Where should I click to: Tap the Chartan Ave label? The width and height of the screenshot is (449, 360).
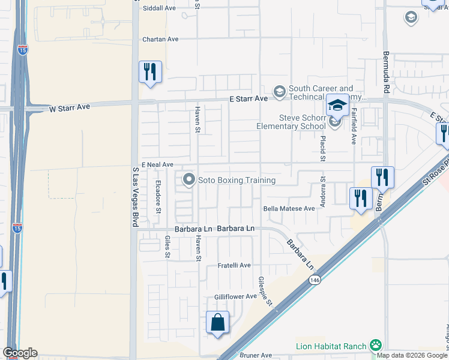click(160, 40)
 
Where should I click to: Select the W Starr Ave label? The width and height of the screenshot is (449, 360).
click(69, 107)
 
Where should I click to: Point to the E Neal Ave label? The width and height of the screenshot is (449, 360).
click(157, 164)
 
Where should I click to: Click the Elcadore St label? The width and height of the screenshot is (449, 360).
click(158, 197)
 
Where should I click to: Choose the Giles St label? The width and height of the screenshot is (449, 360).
click(167, 247)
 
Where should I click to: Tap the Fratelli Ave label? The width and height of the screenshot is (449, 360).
click(234, 265)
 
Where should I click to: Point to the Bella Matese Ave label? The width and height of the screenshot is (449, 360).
click(289, 209)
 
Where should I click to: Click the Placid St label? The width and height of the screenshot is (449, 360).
click(322, 148)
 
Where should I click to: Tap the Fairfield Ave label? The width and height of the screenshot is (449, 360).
click(354, 126)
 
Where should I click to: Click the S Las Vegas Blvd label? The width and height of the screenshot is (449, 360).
click(134, 197)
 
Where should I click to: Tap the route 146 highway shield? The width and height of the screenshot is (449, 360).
click(315, 280)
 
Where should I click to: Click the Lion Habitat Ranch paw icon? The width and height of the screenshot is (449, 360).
click(376, 346)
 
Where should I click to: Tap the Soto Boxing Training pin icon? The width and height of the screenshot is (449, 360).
click(189, 180)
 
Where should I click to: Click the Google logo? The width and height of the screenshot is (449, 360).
click(20, 353)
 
